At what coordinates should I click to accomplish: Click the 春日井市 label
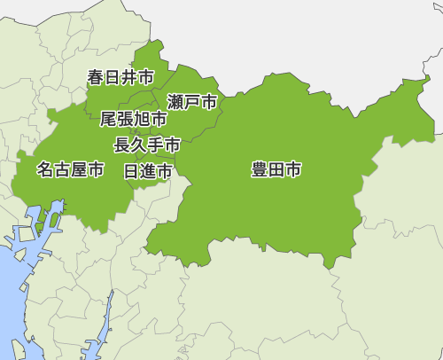pos(120,77)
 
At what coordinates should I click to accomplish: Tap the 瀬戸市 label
pos(192,102)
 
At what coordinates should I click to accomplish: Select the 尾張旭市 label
pos(134,119)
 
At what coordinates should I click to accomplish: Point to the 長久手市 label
pos(147,145)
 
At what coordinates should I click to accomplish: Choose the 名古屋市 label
pos(70,168)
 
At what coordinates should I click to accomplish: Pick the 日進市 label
pos(148,171)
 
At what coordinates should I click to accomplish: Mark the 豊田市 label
pos(276,169)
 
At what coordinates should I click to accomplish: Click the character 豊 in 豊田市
pos(260,169)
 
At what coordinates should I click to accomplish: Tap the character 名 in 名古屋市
pos(45,168)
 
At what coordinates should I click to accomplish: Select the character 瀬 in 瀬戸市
pos(175,102)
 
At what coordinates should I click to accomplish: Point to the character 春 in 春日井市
pos(96,77)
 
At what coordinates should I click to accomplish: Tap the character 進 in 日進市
pos(148,171)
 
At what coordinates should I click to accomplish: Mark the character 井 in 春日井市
pos(129,77)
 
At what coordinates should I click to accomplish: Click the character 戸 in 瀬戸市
pos(192,102)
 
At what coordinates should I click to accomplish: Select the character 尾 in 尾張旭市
pos(108,119)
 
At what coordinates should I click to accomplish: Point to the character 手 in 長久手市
pos(156,145)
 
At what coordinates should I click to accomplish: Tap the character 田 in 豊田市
pos(276,169)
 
